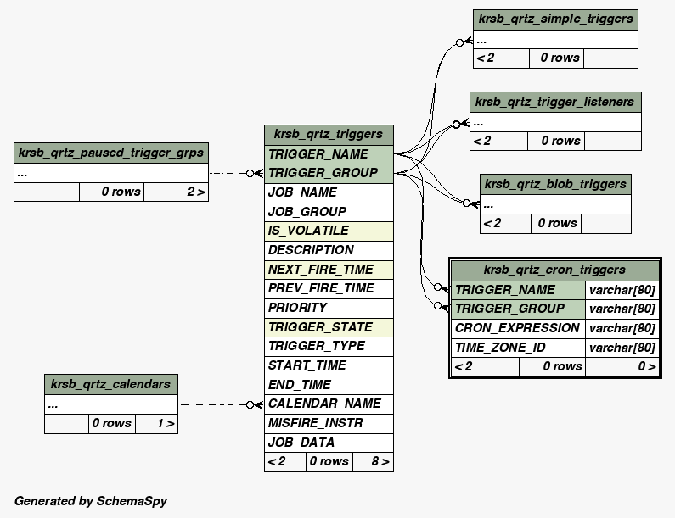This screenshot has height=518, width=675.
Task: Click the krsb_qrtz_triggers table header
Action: [x=329, y=134]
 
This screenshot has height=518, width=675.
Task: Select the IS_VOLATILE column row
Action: [x=329, y=231]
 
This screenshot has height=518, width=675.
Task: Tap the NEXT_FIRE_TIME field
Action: [x=329, y=270]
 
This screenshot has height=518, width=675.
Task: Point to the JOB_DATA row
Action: [x=329, y=443]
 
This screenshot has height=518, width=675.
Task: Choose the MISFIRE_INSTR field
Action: [x=329, y=423]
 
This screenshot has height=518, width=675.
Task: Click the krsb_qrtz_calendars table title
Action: [x=110, y=384]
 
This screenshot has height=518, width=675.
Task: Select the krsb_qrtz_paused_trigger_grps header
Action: [x=110, y=153]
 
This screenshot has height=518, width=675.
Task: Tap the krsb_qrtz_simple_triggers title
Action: [x=555, y=19]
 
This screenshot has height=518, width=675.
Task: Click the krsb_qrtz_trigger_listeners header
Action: [x=555, y=102]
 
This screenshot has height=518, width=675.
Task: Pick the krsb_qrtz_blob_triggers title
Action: [x=555, y=184]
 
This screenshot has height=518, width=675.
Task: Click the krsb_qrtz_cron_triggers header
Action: [x=554, y=270]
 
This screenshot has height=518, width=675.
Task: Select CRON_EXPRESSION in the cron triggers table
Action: [x=517, y=328]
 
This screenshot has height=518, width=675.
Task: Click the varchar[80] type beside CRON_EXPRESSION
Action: [x=622, y=328]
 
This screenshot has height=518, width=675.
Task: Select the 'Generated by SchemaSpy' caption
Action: [x=91, y=501]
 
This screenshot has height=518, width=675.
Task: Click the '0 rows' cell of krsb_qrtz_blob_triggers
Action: [x=557, y=224]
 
